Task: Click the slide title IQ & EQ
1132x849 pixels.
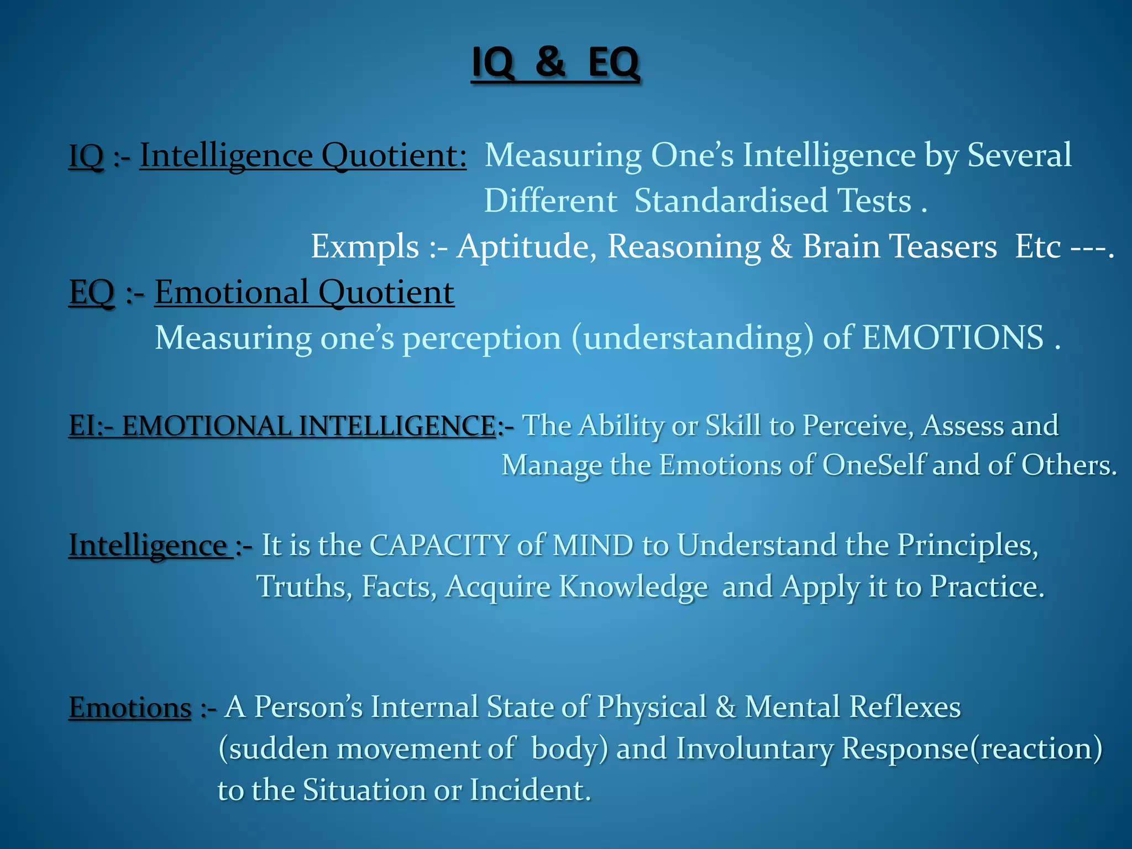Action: coord(555,62)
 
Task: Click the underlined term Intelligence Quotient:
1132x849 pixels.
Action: coord(303,155)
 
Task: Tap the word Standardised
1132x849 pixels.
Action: coord(731,201)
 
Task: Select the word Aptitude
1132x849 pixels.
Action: coord(526,247)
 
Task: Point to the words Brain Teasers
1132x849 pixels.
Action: coord(899,247)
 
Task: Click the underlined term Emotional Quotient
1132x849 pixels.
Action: coord(304,292)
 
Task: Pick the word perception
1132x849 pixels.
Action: coord(481,338)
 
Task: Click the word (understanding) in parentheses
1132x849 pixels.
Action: coord(693,338)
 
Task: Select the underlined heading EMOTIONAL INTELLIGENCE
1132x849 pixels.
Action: coord(308,426)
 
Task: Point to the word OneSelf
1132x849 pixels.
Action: coord(873,465)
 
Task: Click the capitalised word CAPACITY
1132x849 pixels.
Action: coord(439,546)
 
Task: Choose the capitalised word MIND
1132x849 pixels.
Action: coord(593,546)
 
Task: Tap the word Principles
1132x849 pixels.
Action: coord(967,546)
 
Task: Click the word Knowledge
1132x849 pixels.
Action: coord(633,587)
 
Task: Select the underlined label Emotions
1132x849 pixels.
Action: coord(130,708)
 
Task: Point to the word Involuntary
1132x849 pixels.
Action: coord(754,749)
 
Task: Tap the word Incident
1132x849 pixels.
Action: coord(530,790)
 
